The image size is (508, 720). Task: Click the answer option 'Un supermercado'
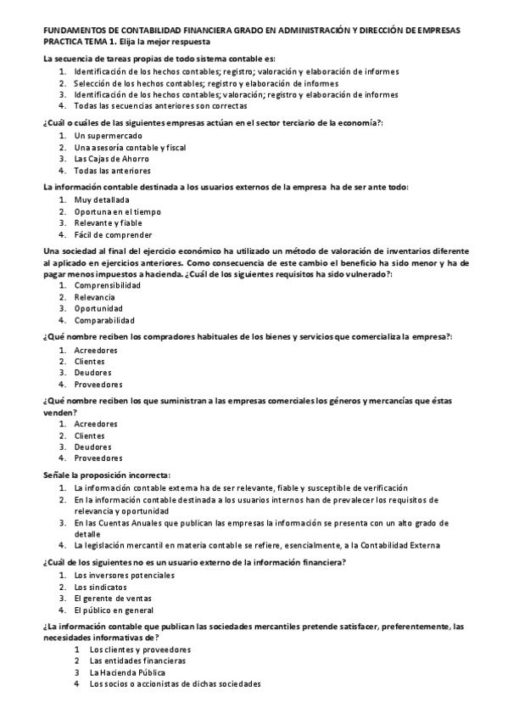pos(108,136)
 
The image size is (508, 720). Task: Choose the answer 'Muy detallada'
pos(102,200)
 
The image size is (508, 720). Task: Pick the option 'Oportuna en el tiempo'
pos(117,211)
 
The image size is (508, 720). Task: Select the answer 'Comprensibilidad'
pos(107,286)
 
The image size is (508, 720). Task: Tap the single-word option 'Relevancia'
pos(96,297)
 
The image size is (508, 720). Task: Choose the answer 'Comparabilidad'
pos(103,320)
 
